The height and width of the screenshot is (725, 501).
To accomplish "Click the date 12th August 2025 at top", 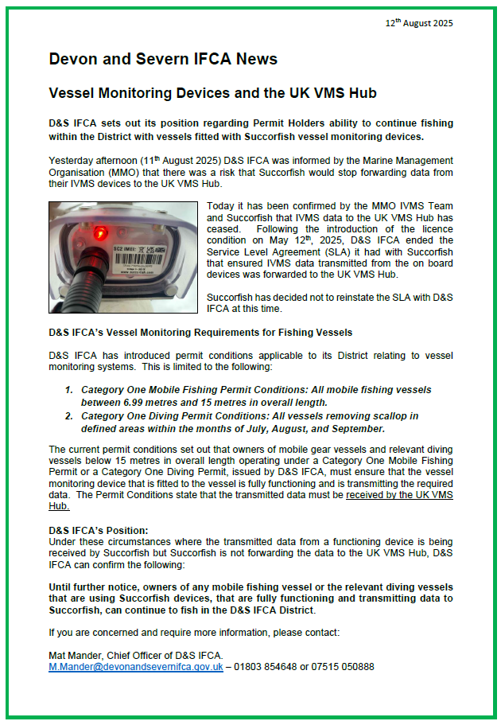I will coord(419,23).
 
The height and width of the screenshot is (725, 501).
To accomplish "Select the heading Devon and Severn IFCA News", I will coord(163,60).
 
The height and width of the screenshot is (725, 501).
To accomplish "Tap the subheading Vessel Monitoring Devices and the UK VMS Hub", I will coord(212,94).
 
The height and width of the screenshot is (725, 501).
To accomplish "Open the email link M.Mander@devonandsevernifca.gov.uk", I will coord(136,666).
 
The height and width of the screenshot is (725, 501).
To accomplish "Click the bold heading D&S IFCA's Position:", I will coord(99,529).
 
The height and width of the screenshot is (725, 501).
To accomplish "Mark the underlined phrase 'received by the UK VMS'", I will coord(399,494).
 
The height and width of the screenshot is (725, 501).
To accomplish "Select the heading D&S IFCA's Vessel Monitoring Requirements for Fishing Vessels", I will coord(200,332).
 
